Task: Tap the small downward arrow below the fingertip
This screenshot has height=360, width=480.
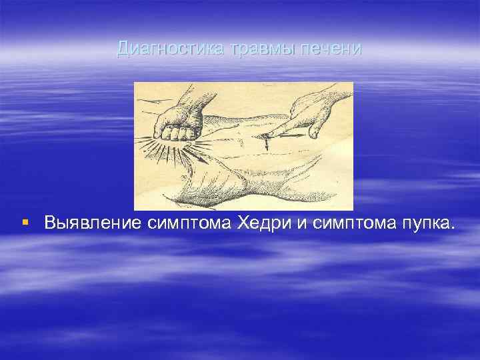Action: [x=267, y=141]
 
